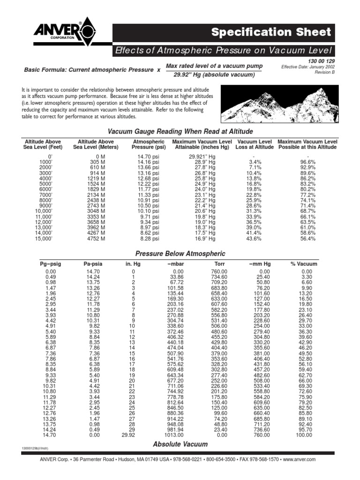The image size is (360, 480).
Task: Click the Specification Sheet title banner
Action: [271, 32]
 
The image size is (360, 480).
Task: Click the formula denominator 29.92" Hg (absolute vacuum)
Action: [214, 75]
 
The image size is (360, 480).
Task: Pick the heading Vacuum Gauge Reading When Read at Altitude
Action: [180, 131]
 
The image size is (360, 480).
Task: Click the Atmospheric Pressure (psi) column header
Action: [149, 144]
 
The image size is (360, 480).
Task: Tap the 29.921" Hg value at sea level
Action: [202, 156]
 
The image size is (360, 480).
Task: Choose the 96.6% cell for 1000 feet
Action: [307, 162]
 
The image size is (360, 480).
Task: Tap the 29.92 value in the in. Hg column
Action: [127, 435]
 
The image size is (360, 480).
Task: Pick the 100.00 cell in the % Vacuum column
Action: [304, 435]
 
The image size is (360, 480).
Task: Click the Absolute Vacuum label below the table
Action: [180, 444]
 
